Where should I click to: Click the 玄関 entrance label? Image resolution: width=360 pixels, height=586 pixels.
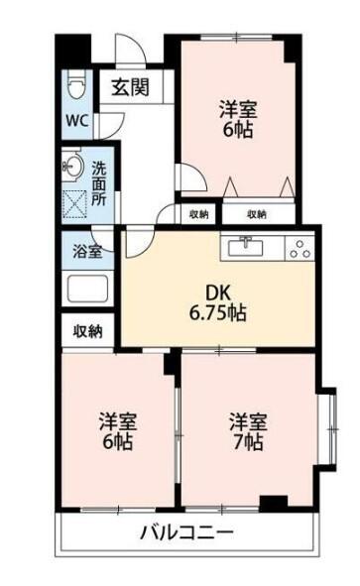click(130, 86)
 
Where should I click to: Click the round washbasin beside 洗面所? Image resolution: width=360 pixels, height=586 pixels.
click(72, 164)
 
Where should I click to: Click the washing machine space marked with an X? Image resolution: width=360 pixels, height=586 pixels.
click(73, 200)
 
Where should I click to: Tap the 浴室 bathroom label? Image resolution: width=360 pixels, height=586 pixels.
click(88, 252)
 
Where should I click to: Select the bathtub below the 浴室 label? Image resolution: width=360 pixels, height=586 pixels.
click(88, 290)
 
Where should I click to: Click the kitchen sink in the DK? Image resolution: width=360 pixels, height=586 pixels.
click(245, 247)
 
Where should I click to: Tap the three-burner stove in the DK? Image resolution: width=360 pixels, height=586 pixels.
click(298, 249)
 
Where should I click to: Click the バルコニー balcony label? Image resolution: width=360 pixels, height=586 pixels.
click(186, 533)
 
